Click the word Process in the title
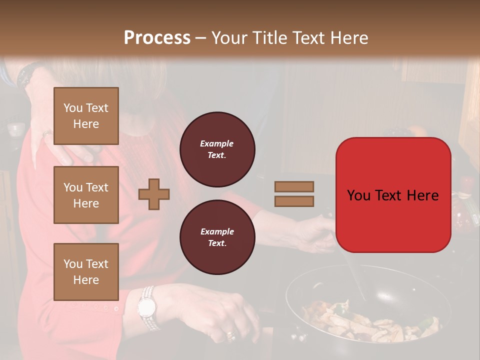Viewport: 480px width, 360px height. [x=157, y=37]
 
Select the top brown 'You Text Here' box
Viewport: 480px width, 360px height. [x=86, y=116]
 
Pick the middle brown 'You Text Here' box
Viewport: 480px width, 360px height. [x=86, y=195]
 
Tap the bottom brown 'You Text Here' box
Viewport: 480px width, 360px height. [x=86, y=271]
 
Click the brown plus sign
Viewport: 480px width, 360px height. [x=154, y=194]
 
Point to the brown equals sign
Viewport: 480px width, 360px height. [x=294, y=194]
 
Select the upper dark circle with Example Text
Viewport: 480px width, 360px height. [x=217, y=149]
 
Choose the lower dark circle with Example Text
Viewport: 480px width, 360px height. [x=217, y=237]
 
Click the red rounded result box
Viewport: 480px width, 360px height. [x=393, y=195]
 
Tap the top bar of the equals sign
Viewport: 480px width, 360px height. [x=294, y=186]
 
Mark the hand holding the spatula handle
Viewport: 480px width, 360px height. [x=312, y=232]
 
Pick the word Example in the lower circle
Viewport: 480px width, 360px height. [x=217, y=231]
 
